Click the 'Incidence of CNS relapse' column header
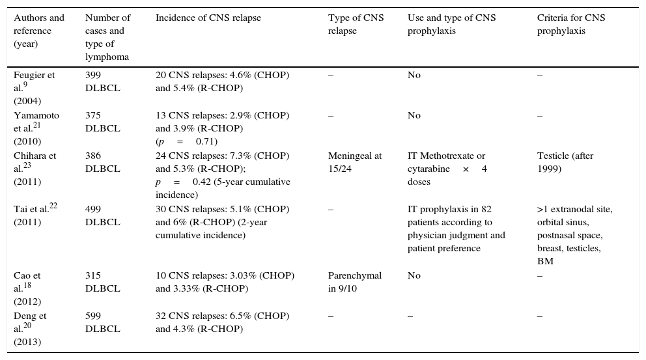[208, 18]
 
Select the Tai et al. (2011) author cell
[35, 215]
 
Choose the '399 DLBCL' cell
[102, 81]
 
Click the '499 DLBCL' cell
[102, 215]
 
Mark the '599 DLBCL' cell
[102, 322]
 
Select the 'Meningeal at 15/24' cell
[355, 162]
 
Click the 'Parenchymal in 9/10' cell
[354, 282]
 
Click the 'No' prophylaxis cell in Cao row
[414, 275]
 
